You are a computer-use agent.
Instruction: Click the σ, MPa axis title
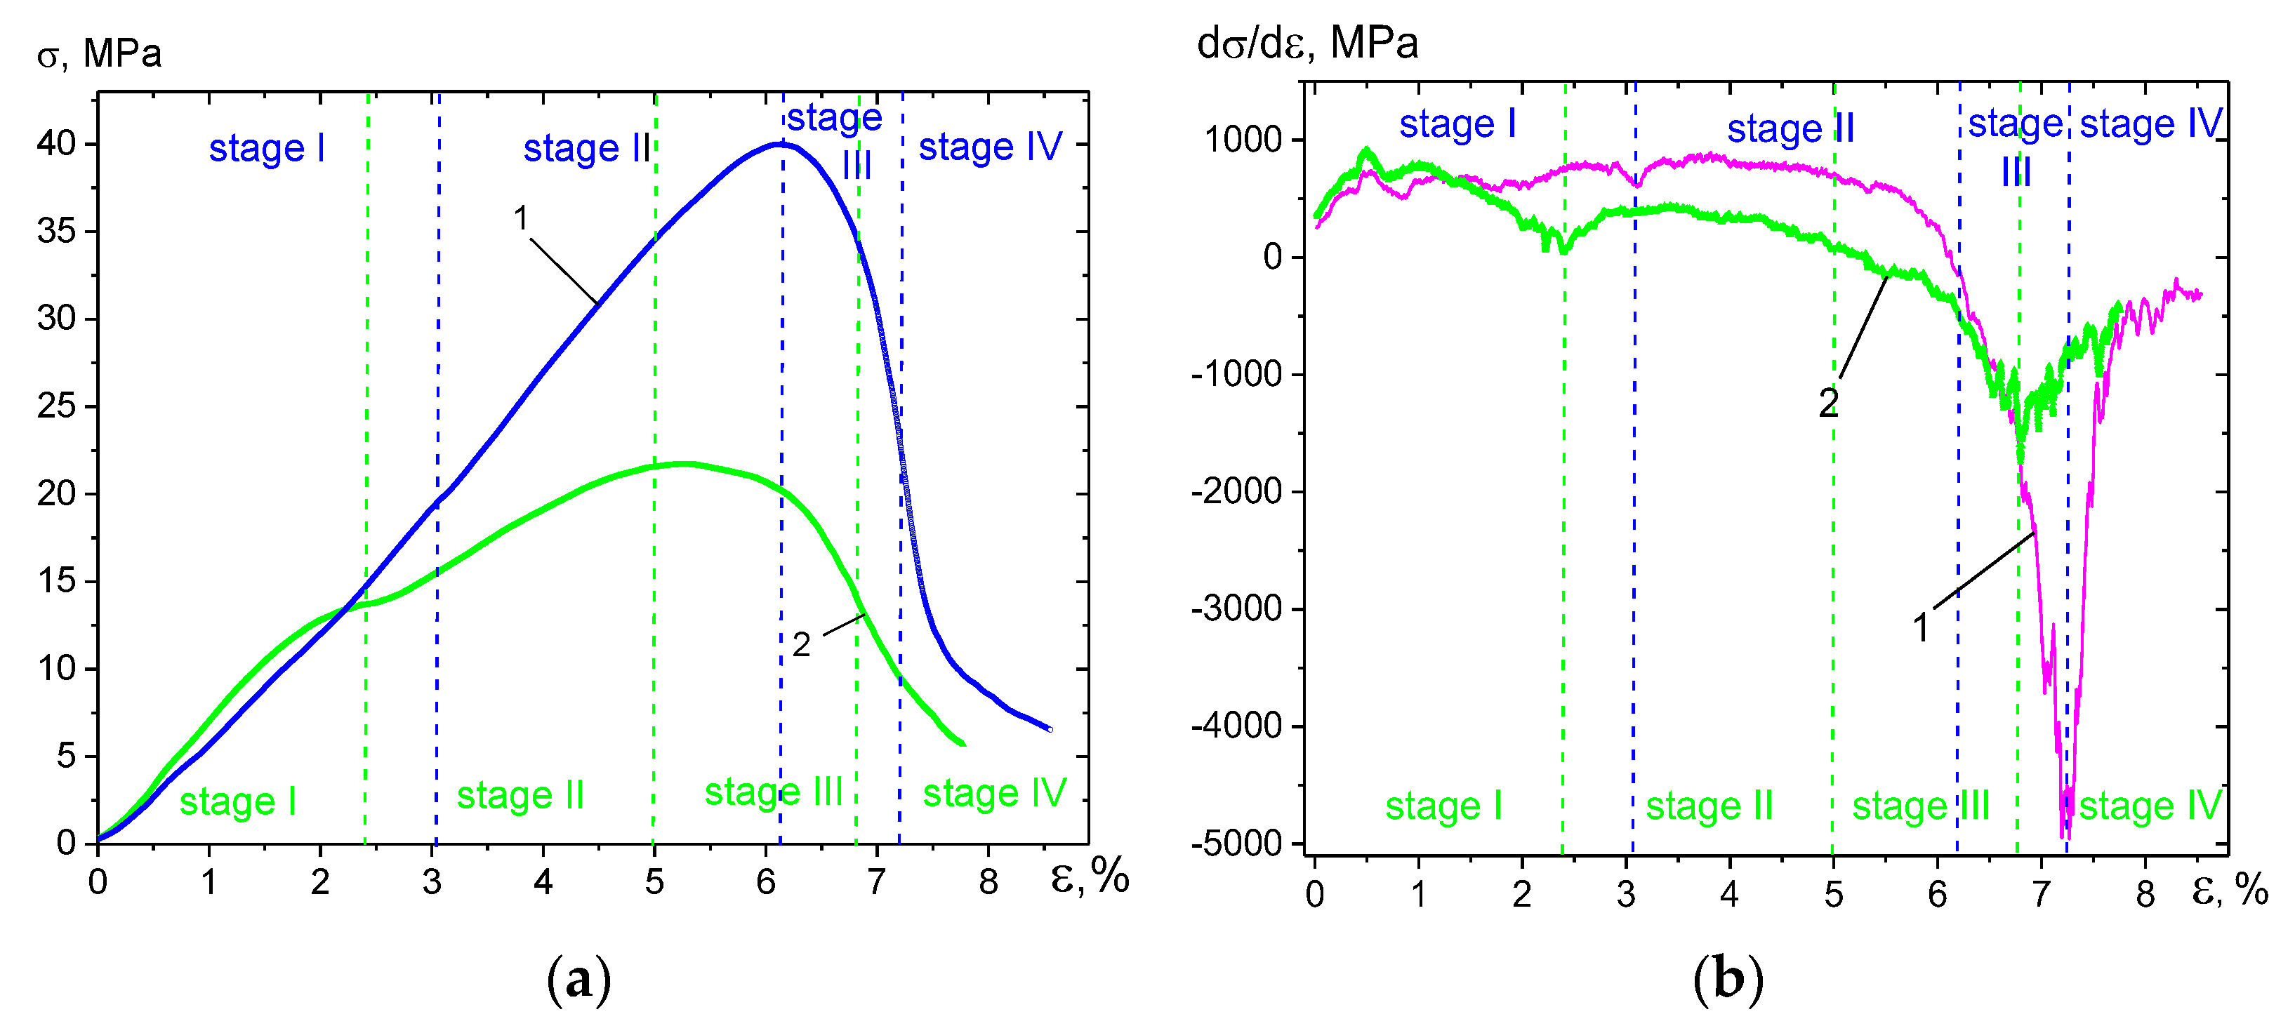coord(99,53)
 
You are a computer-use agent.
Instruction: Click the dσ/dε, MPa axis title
coord(1307,43)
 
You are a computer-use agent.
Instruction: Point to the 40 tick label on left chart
coord(56,143)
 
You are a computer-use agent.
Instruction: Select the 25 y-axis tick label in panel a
coord(56,406)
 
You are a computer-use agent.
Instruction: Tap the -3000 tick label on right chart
coord(1236,609)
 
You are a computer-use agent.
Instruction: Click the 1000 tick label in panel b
coord(1243,140)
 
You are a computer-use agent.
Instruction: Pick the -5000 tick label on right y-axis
coord(1236,844)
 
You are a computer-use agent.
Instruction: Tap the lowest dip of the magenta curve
coord(2066,835)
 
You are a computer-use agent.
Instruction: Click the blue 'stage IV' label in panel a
coord(990,147)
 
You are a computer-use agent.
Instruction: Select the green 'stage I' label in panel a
coord(237,801)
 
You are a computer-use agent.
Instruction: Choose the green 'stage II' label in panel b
coord(1709,806)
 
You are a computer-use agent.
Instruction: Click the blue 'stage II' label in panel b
coord(1791,129)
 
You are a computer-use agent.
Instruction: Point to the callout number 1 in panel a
coord(521,218)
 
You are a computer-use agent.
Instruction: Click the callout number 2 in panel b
coord(1828,404)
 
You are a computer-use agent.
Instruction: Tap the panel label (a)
coord(578,980)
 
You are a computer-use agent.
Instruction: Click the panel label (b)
coord(1728,980)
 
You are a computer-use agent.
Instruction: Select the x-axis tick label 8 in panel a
coord(988,881)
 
